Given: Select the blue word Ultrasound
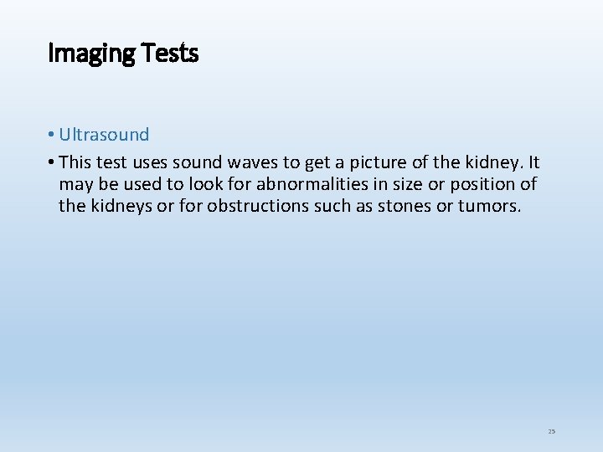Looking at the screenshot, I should coord(104,135).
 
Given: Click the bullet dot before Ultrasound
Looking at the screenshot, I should coord(52,136).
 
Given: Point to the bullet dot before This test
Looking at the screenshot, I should coord(52,162).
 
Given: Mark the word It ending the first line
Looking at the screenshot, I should coord(533,162).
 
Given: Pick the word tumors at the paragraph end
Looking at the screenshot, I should coord(488,205).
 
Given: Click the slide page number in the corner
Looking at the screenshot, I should coord(551,431).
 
